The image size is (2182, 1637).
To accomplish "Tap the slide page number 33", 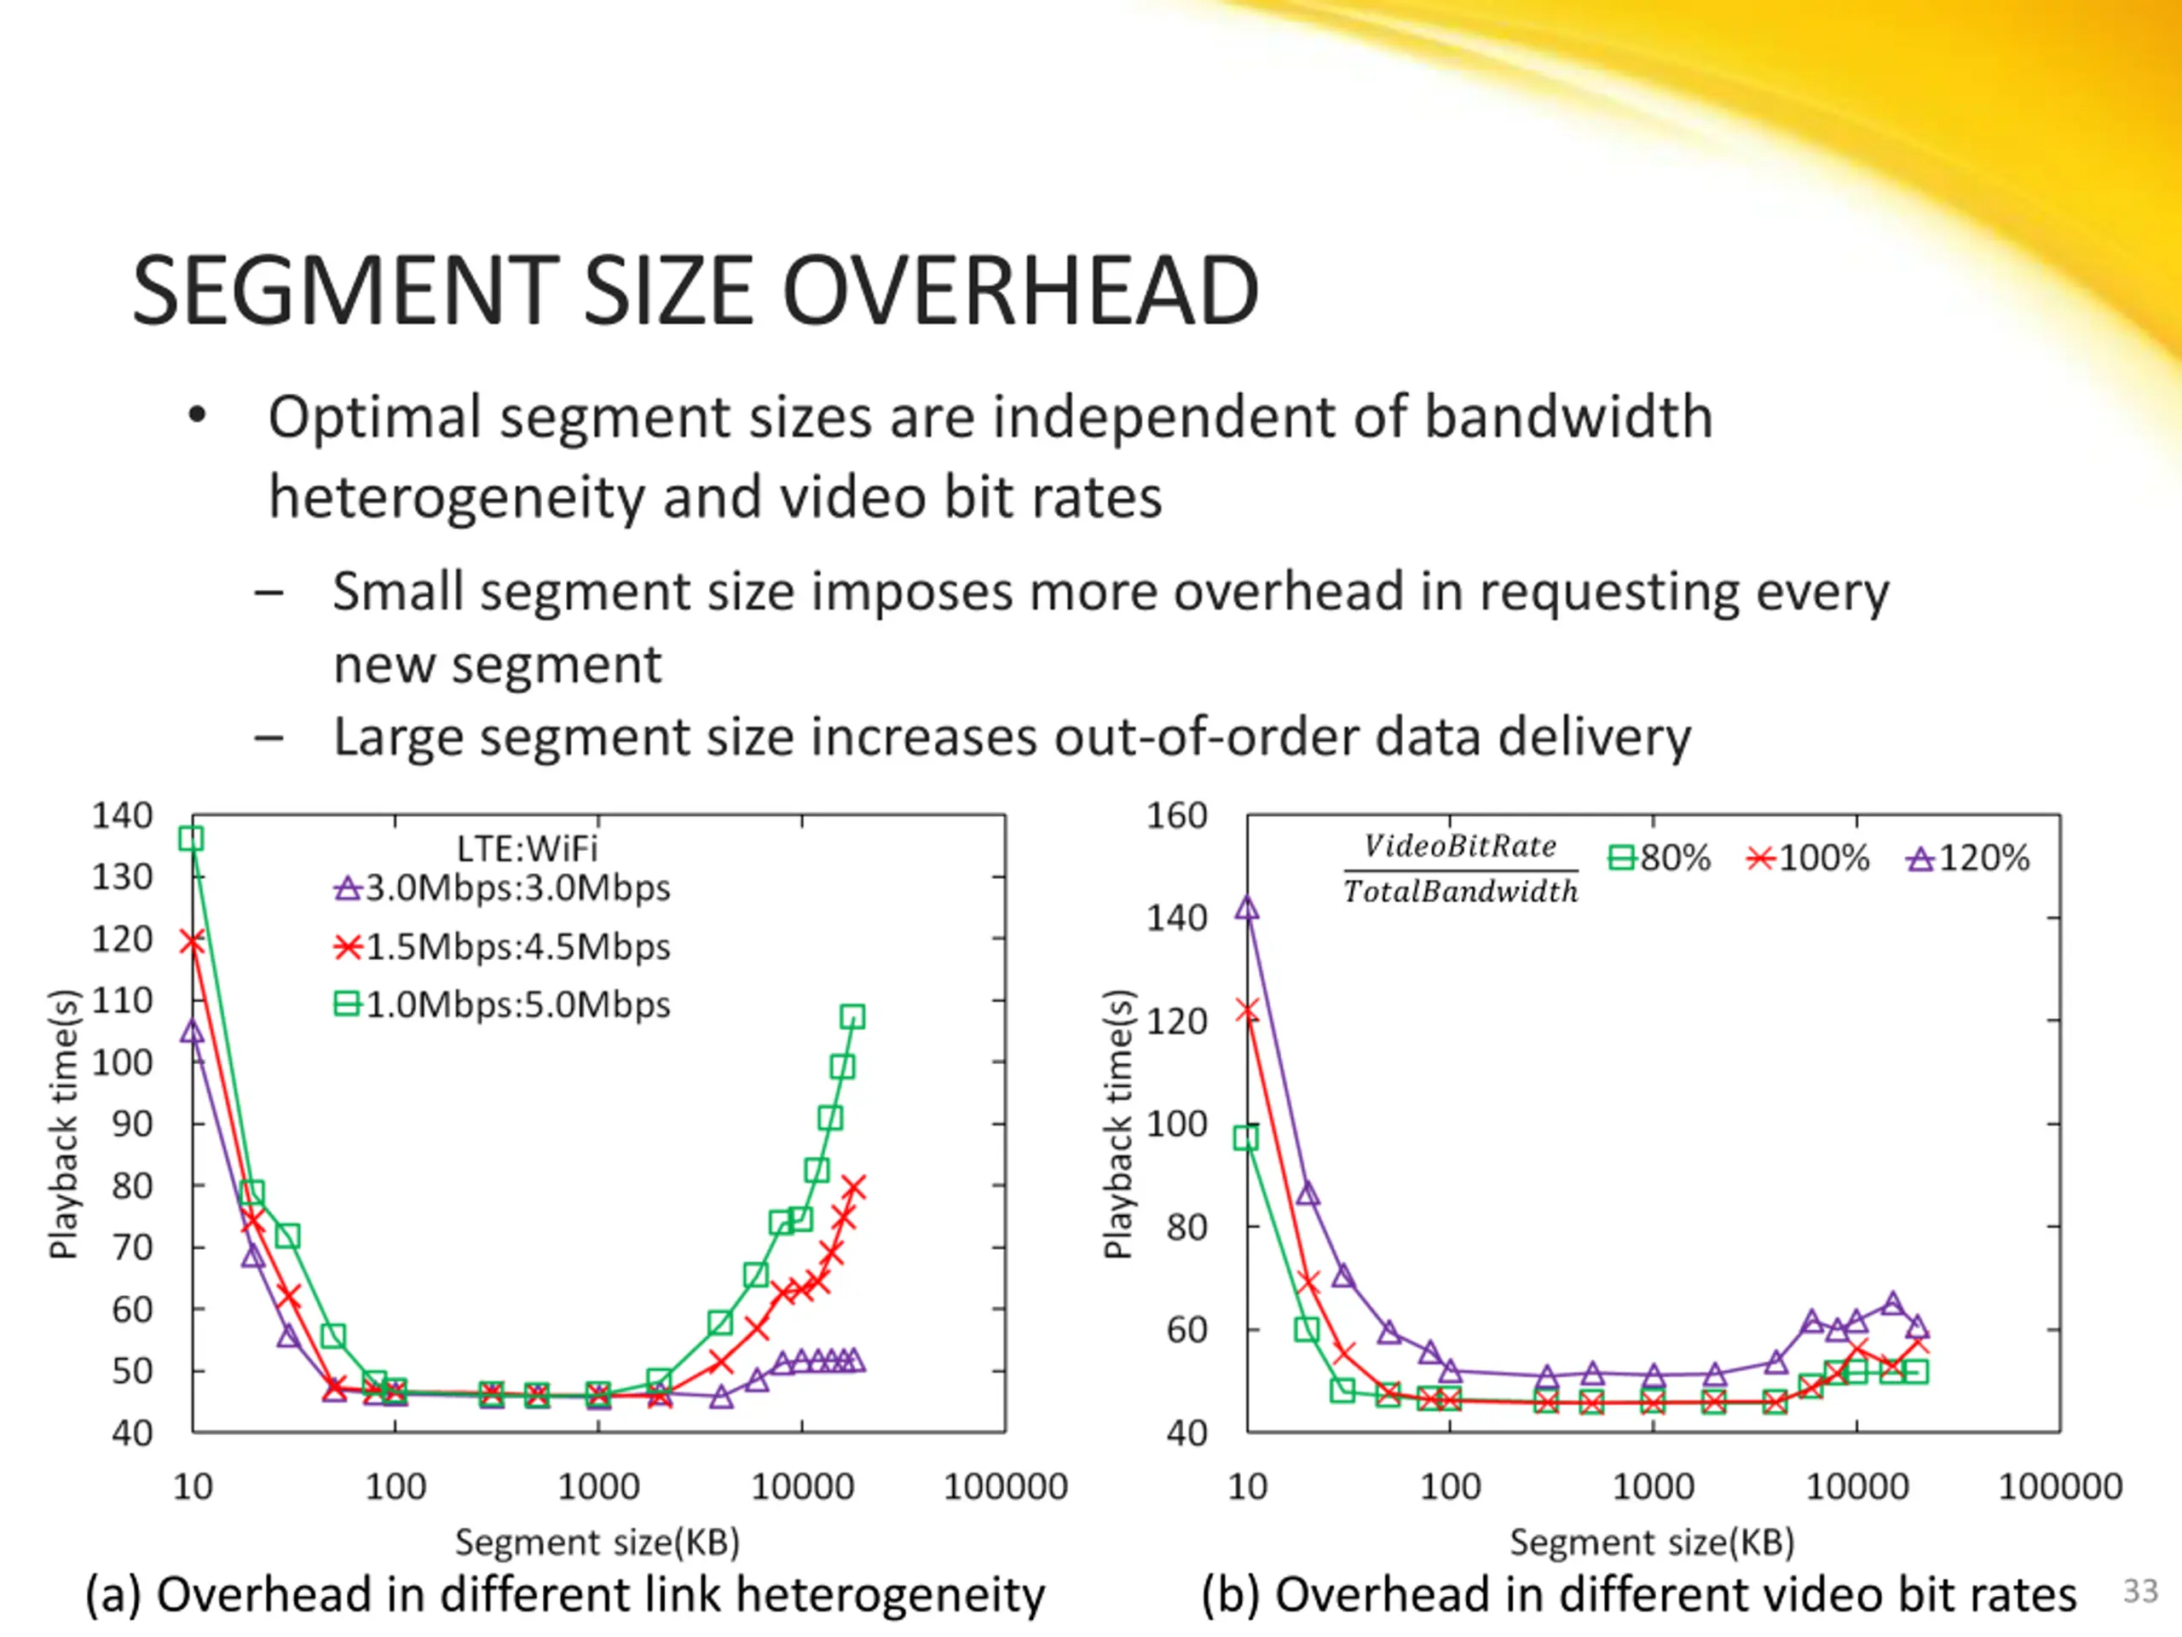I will point(2139,1591).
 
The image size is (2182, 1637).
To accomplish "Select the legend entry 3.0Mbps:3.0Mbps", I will point(503,888).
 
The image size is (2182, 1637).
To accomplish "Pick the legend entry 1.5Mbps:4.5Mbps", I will point(503,947).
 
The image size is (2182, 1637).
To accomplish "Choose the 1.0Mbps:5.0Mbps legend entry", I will point(503,1004).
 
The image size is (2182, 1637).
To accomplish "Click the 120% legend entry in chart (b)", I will point(1968,859).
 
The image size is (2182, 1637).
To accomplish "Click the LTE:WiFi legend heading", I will point(527,848).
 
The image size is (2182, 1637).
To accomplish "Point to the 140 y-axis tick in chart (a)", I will point(123,816).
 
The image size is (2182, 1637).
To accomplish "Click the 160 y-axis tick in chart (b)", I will point(1177,816).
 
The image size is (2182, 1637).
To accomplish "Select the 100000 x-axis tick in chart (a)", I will point(1005,1487).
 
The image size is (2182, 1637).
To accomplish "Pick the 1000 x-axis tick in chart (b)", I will point(1654,1487).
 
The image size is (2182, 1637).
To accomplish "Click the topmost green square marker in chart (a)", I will point(192,839).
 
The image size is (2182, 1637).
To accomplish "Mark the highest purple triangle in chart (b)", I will point(1248,908).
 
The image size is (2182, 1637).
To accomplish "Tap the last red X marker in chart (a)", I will point(853,1187).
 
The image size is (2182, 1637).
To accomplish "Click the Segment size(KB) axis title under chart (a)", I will point(597,1542).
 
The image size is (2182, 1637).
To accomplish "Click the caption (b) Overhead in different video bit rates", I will point(1639,1595).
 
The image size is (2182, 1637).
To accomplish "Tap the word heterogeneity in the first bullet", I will point(457,496).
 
